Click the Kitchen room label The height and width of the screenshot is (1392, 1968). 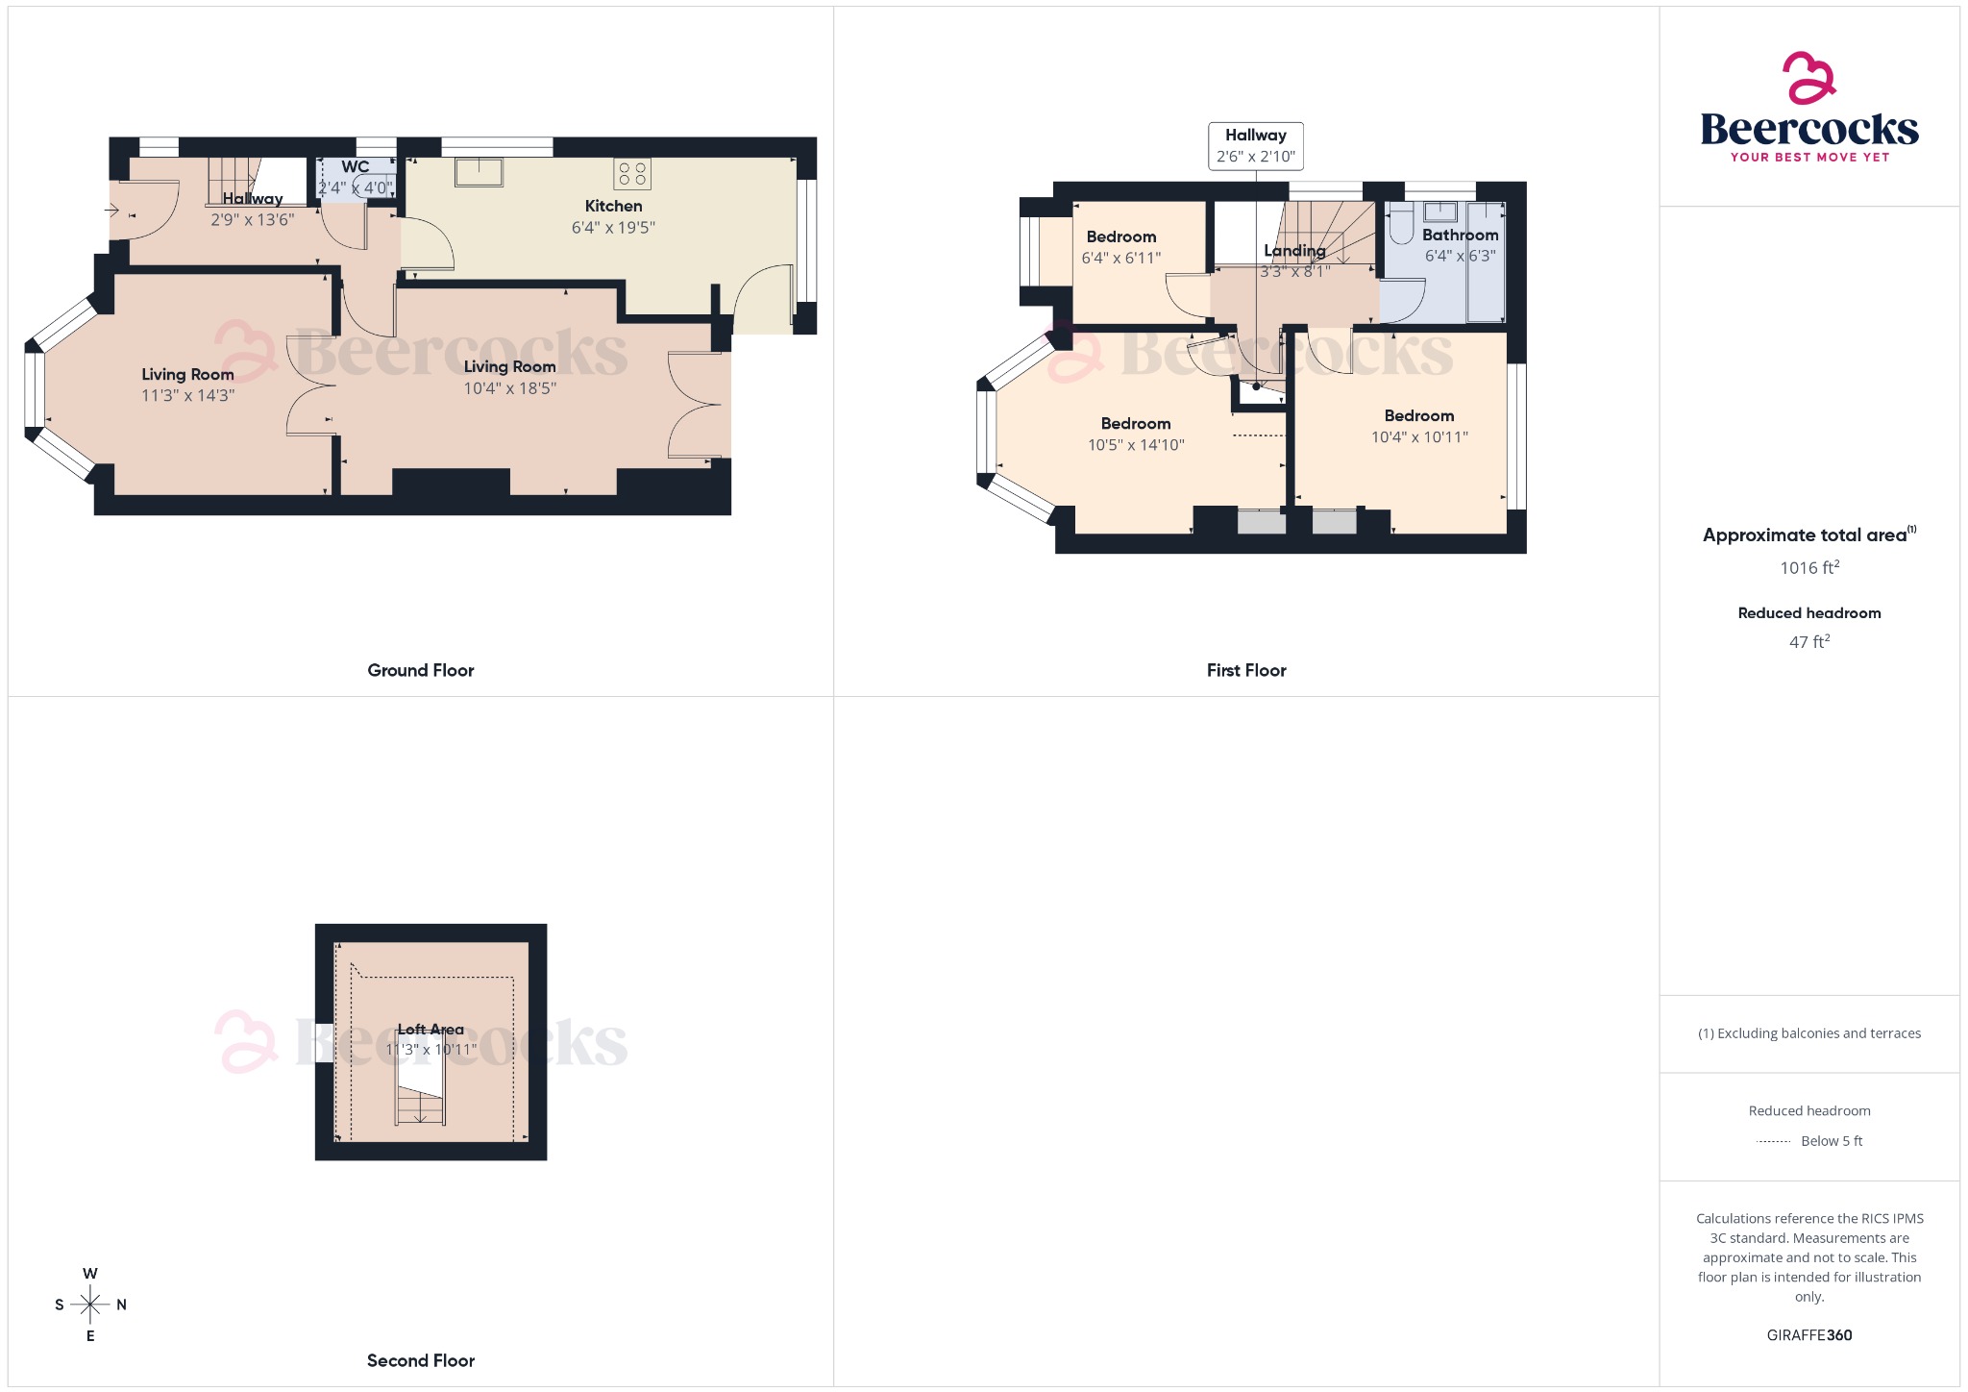point(613,206)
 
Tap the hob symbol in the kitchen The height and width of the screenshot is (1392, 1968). point(632,174)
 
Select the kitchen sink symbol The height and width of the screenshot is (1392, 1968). point(479,172)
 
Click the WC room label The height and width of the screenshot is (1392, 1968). point(355,167)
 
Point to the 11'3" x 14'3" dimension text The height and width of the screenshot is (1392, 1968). point(187,395)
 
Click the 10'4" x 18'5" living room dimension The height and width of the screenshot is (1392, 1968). point(509,388)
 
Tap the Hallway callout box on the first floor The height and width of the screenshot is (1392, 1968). point(1255,146)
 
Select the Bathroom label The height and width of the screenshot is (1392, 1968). point(1460,235)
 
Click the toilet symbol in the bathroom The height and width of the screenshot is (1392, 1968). point(1401,223)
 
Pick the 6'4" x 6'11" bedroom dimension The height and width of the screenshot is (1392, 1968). point(1120,258)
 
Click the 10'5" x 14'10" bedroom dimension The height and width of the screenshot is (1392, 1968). point(1135,445)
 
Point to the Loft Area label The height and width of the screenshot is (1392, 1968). point(430,1030)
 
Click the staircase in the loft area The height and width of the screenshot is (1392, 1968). point(420,1106)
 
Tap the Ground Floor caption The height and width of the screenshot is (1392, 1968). point(420,670)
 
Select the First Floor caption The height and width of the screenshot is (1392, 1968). point(1245,670)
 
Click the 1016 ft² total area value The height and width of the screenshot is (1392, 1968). point(1808,567)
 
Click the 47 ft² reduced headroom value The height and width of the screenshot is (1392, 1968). point(1808,641)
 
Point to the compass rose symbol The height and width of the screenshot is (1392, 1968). point(90,1305)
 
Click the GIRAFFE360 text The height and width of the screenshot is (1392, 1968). point(1808,1334)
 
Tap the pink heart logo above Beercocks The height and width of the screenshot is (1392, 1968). point(1808,78)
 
